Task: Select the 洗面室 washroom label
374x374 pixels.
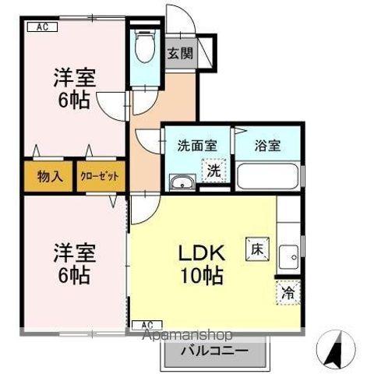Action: click(x=191, y=144)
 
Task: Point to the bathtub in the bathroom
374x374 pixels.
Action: click(x=264, y=176)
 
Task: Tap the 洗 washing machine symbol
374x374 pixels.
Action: click(x=213, y=170)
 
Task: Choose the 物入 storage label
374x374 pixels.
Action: click(x=50, y=176)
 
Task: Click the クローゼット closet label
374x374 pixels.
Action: click(x=100, y=176)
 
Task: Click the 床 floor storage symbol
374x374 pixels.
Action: click(x=256, y=249)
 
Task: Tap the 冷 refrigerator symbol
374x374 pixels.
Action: click(x=288, y=294)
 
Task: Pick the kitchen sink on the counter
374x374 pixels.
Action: click(x=289, y=256)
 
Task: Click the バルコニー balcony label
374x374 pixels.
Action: click(x=215, y=351)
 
